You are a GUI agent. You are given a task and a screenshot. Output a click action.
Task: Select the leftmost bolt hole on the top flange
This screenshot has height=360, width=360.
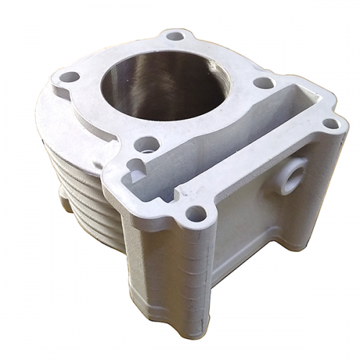coord(69,76)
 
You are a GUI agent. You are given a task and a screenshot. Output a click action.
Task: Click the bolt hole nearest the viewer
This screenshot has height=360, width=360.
coord(195,213)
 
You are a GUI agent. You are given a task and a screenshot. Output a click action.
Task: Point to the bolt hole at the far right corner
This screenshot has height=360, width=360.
coord(330,123)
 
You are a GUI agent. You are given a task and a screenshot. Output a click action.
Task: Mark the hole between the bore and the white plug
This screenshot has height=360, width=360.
coord(147,144)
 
